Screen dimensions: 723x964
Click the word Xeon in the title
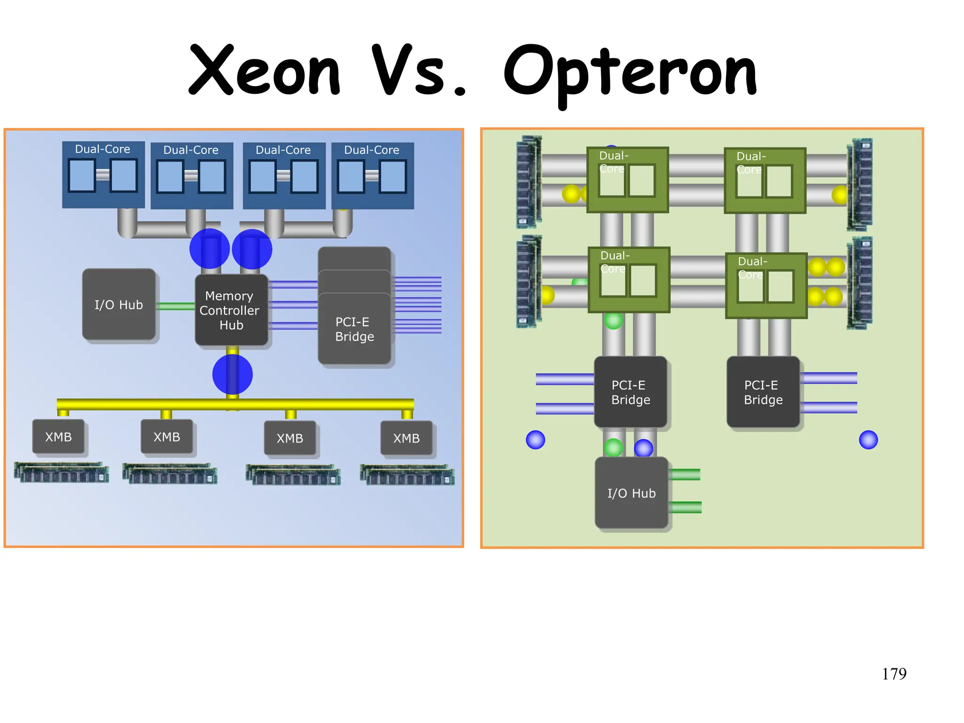(x=264, y=71)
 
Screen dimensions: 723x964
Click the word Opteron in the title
(x=630, y=73)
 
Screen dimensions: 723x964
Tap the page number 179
(x=894, y=674)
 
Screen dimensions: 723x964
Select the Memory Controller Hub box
(x=231, y=310)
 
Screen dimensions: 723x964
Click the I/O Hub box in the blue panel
(x=119, y=305)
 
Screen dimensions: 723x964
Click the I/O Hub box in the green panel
(x=631, y=493)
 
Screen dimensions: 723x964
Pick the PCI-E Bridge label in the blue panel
(x=354, y=329)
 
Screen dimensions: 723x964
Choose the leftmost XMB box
(x=58, y=437)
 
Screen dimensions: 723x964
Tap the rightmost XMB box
(x=406, y=438)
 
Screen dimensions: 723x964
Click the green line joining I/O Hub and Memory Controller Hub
(x=175, y=306)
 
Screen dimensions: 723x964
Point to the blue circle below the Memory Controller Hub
(x=233, y=374)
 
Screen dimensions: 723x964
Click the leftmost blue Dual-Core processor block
(x=103, y=175)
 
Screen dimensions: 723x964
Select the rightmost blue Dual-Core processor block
(x=372, y=176)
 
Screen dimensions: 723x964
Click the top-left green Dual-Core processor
(x=627, y=180)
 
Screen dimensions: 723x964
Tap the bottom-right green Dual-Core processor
(x=766, y=286)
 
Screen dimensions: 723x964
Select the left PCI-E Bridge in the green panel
(x=630, y=392)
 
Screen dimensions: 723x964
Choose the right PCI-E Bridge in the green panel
(x=763, y=392)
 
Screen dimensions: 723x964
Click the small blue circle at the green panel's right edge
(x=868, y=440)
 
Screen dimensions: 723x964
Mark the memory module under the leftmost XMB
(x=61, y=472)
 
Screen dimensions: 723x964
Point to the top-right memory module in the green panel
(x=860, y=184)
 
